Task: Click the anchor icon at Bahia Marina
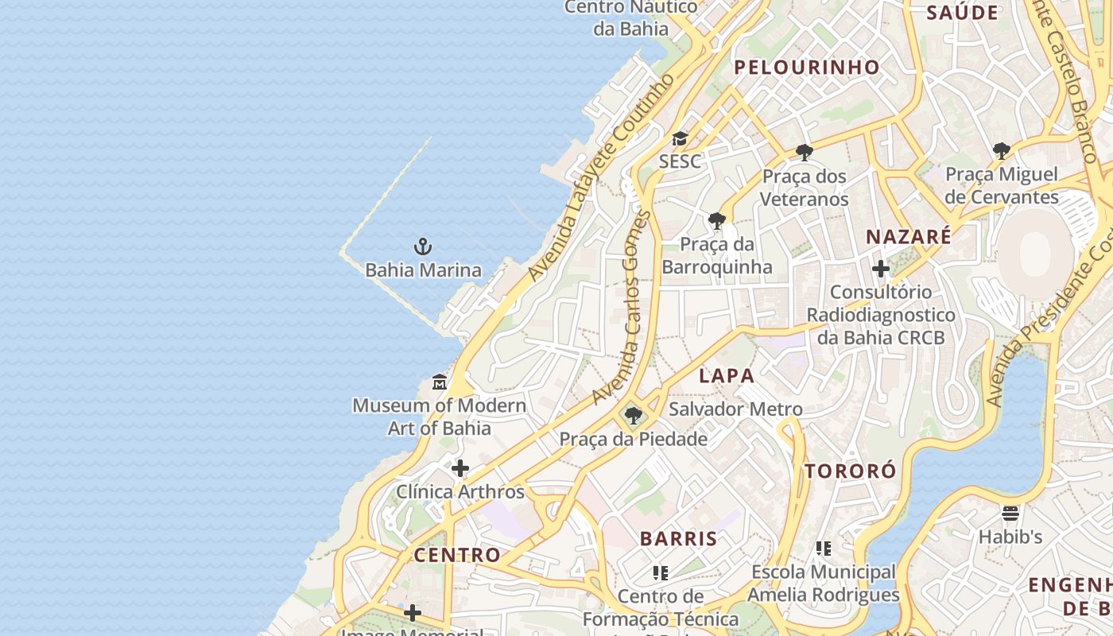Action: point(423,246)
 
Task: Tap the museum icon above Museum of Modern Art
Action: point(440,382)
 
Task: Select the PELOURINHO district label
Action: point(806,68)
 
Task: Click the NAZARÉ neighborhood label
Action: point(908,237)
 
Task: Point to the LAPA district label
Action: point(726,376)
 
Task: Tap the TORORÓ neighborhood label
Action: point(850,471)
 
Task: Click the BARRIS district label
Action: point(678,538)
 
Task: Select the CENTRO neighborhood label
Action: point(457,555)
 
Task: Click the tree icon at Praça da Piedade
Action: point(634,416)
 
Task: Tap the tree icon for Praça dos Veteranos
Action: point(804,152)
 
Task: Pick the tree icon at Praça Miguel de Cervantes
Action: point(1002,150)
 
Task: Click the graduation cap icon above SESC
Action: point(680,139)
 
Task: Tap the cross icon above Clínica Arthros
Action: point(460,468)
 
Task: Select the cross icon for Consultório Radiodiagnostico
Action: point(880,269)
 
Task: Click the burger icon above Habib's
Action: point(1010,514)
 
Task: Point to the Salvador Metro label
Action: point(735,409)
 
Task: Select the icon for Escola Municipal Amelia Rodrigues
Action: point(824,549)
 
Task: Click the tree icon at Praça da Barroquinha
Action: point(716,220)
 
